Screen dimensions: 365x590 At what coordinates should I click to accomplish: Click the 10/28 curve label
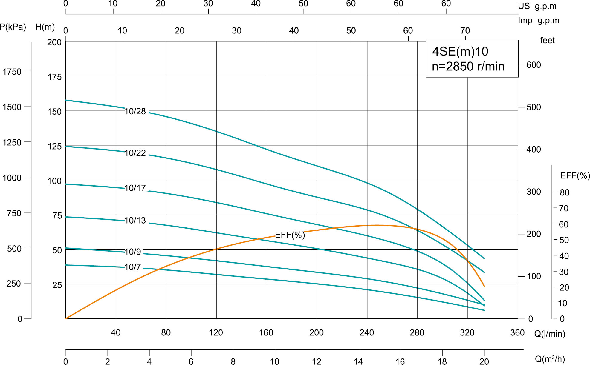(x=135, y=111)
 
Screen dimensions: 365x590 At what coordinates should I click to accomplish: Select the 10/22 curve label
(x=135, y=153)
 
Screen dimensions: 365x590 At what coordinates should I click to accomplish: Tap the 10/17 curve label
(x=135, y=188)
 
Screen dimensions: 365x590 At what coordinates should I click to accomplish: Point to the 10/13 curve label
(x=135, y=220)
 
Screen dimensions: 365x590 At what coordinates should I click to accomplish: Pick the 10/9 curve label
(x=133, y=252)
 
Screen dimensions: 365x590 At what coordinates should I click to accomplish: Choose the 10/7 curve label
(x=133, y=267)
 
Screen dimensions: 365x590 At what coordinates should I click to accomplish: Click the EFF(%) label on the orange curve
(x=290, y=235)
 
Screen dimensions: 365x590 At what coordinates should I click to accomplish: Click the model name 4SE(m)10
(x=460, y=51)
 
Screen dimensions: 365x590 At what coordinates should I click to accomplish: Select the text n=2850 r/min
(x=468, y=66)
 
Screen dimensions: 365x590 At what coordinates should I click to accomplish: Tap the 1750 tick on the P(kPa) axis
(x=12, y=72)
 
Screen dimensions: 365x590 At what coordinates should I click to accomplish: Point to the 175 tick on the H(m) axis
(x=54, y=77)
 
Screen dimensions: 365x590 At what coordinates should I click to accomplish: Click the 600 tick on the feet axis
(x=534, y=65)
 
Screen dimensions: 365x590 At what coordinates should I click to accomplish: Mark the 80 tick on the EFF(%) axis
(x=564, y=192)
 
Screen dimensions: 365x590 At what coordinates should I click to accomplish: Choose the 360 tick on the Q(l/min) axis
(x=517, y=332)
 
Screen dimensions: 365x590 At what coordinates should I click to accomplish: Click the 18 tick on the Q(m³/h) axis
(x=442, y=361)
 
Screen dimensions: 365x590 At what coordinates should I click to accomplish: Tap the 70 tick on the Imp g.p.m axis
(x=465, y=30)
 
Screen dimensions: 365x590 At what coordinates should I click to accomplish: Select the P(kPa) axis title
(x=13, y=27)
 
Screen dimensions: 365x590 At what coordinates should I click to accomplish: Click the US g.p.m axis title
(x=537, y=6)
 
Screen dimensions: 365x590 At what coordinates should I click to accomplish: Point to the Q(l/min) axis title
(x=550, y=334)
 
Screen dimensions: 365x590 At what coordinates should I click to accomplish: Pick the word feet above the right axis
(x=547, y=40)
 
